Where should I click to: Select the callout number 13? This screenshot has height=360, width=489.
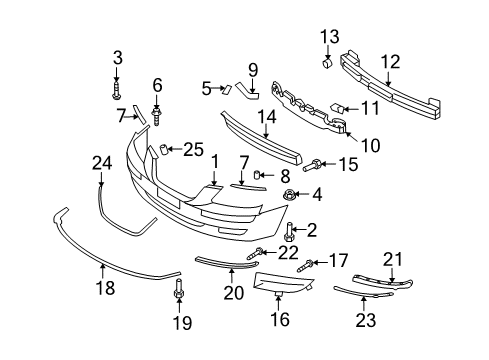pyautogui.click(x=329, y=37)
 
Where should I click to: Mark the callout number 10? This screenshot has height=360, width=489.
pyautogui.click(x=370, y=145)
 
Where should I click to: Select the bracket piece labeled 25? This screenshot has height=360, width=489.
pyautogui.click(x=158, y=152)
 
